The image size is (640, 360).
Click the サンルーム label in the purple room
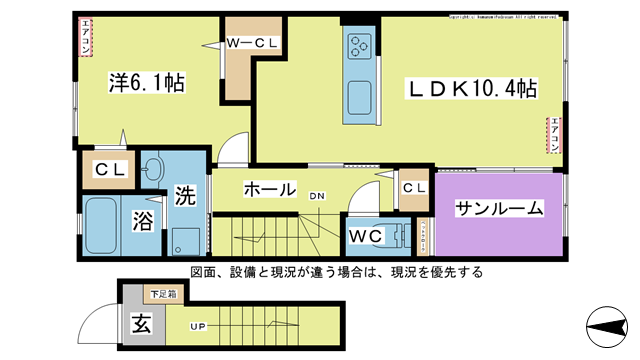[500, 209]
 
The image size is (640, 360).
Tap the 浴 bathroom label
[142, 221]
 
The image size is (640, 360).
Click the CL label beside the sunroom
[414, 188]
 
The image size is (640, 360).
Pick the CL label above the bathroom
[110, 170]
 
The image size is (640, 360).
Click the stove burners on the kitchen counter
[360, 45]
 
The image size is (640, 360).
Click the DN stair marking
[316, 197]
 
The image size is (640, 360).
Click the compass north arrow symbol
[606, 327]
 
